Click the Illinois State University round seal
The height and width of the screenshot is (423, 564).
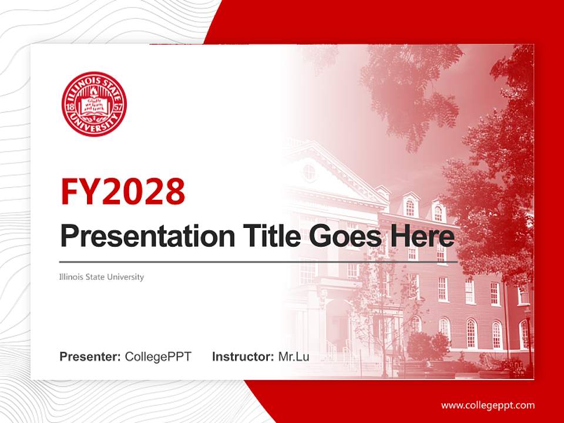click(x=94, y=104)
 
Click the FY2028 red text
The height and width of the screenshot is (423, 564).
click(x=123, y=190)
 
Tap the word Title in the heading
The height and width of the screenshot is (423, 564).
click(x=267, y=236)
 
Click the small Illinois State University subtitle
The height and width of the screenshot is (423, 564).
click(x=102, y=277)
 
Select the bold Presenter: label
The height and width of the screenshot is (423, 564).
click(x=90, y=357)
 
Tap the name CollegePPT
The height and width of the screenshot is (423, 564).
click(x=158, y=357)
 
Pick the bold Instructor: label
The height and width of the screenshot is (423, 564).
click(x=243, y=357)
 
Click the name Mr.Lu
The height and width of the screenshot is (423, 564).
click(x=294, y=357)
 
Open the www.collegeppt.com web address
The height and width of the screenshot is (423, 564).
click(x=488, y=405)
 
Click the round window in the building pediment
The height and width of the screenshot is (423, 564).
click(x=309, y=172)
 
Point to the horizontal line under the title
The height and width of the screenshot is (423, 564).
click(x=258, y=261)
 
